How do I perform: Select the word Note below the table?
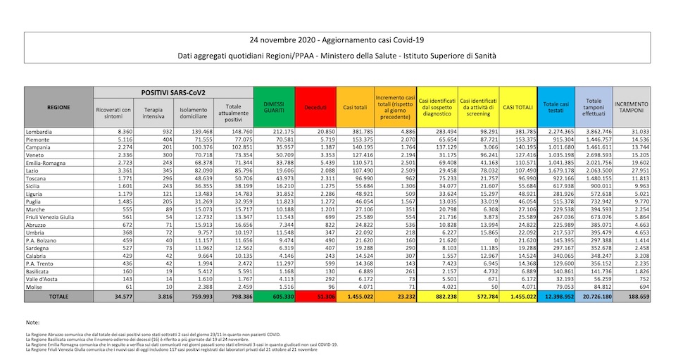pyautogui.click(x=32, y=322)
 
